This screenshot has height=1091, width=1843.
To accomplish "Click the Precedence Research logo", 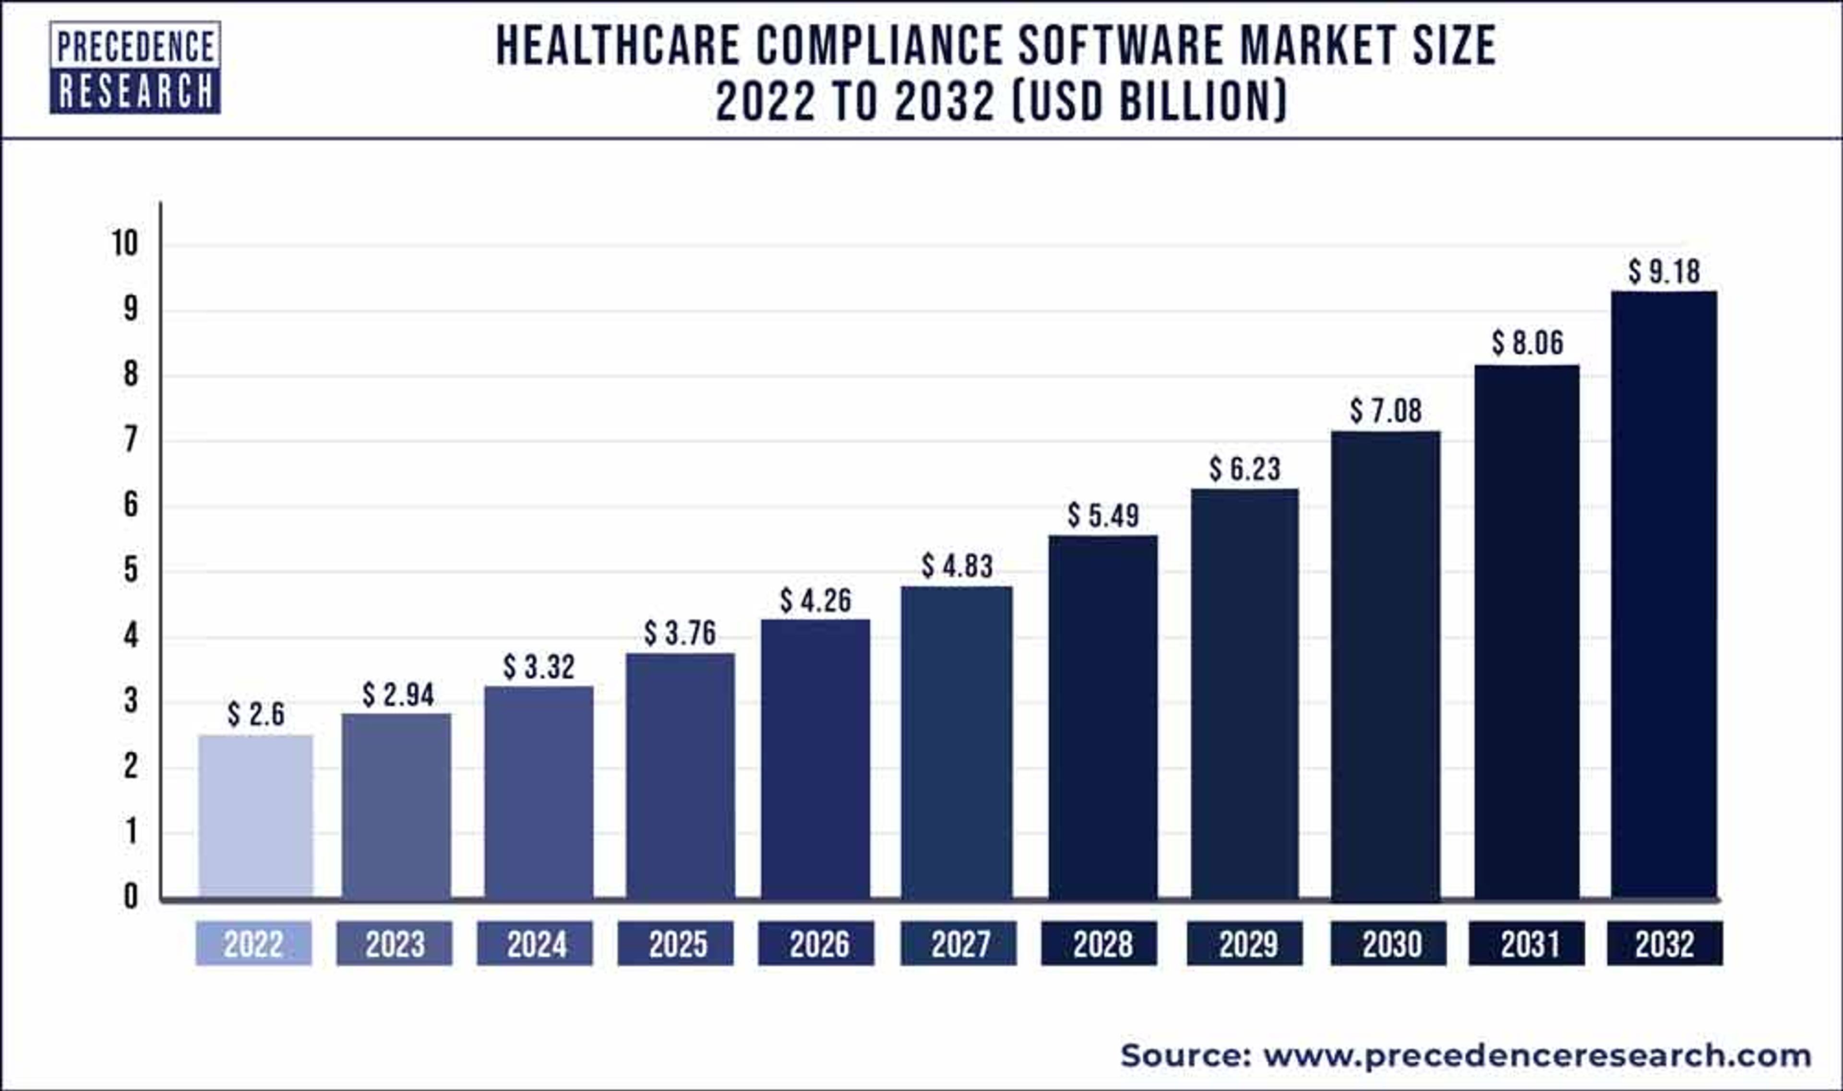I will [x=135, y=68].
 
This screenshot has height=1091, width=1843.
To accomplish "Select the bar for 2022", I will [x=255, y=816].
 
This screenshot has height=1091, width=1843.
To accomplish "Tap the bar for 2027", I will [x=957, y=743].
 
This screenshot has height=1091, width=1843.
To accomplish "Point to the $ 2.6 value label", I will [x=255, y=714].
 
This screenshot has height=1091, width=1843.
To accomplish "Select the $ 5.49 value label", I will [x=1103, y=516].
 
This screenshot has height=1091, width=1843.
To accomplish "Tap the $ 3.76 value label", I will [x=680, y=633].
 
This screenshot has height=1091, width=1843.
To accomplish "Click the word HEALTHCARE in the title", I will [x=618, y=46].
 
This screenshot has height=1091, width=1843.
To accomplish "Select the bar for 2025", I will [x=680, y=776].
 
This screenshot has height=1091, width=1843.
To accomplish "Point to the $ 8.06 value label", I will [x=1528, y=343].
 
